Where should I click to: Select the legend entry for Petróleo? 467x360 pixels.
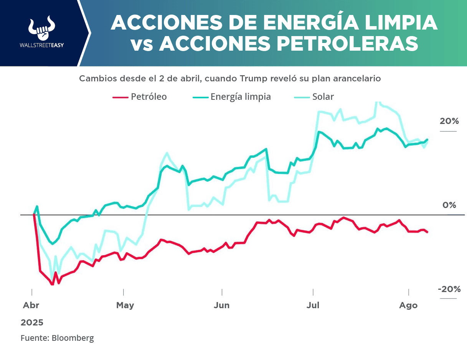149,97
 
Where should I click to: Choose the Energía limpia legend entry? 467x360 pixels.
241,97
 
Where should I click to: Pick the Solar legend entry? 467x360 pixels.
323,97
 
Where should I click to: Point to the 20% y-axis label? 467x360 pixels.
449,121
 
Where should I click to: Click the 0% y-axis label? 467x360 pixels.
449,205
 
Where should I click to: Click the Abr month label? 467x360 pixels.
31,306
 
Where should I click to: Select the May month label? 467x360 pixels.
125,306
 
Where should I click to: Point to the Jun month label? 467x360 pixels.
222,306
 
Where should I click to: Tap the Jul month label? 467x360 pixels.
314,306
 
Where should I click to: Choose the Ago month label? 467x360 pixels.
408,306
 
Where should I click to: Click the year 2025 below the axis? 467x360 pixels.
32,322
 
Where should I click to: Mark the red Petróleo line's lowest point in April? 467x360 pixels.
52,284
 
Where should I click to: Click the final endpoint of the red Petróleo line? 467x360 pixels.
427,232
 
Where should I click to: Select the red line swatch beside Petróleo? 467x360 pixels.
120,97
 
